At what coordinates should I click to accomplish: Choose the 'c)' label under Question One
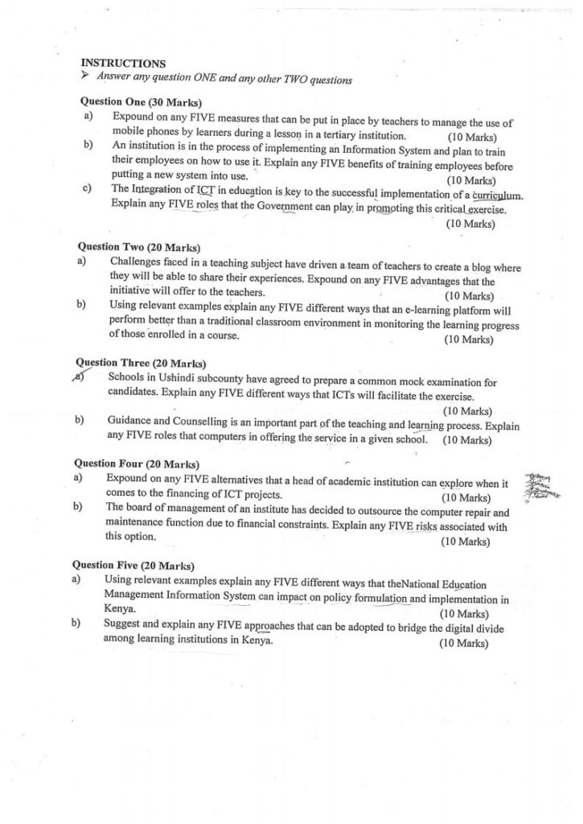pos(86,190)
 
